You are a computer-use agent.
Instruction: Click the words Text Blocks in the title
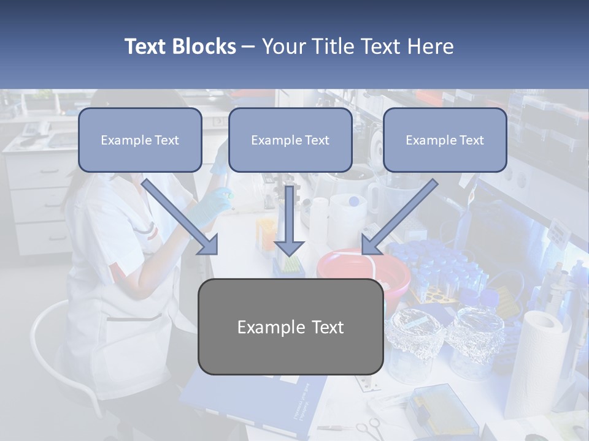click(x=180, y=47)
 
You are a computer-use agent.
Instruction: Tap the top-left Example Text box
click(x=140, y=140)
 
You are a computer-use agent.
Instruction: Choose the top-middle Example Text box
click(x=290, y=140)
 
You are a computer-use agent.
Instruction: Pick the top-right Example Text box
click(x=445, y=140)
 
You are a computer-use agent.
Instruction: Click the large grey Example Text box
click(x=291, y=327)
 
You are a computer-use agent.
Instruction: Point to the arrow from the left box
click(x=180, y=217)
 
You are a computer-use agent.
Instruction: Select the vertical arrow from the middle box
click(x=289, y=221)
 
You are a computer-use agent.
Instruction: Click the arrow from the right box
click(x=399, y=217)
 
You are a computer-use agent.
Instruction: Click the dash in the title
click(x=248, y=47)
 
